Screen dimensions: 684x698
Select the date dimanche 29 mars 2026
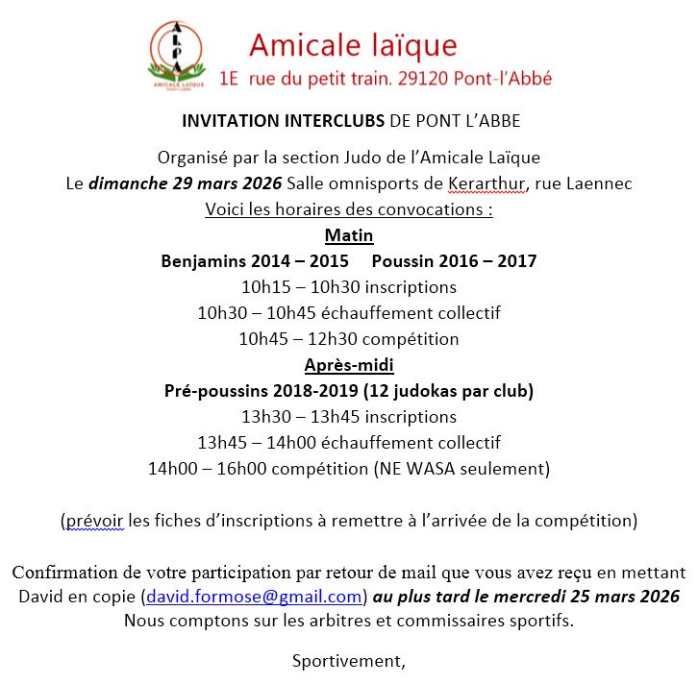186,183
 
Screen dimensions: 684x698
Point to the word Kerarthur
487,183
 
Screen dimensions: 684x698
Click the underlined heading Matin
349,235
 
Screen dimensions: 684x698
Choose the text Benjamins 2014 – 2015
255,261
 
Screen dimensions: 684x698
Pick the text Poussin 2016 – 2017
454,261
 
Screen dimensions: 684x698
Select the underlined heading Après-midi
349,365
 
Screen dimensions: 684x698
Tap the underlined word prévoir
95,521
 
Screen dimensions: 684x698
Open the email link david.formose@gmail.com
254,597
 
